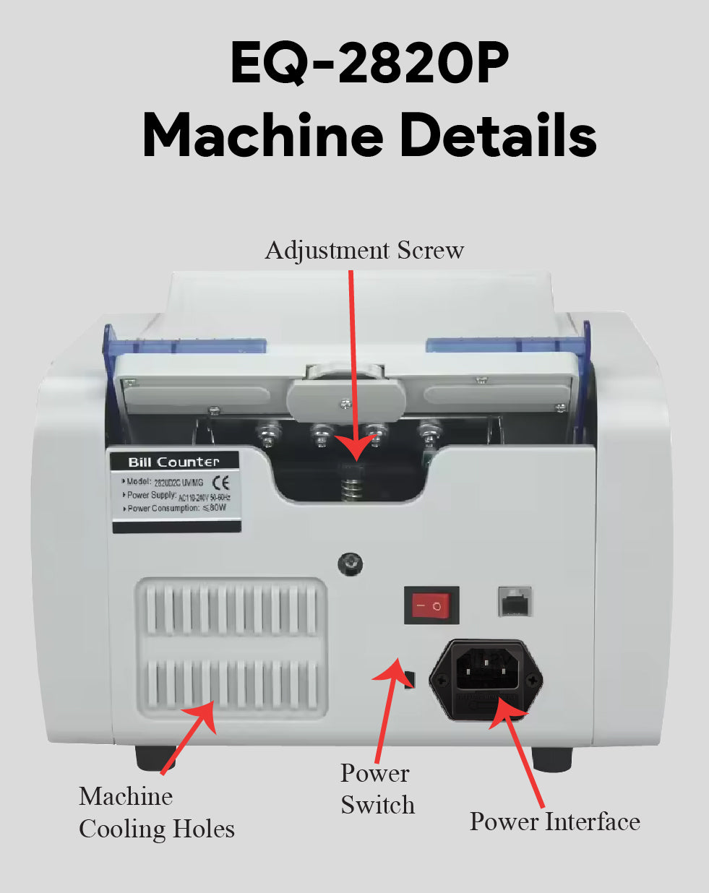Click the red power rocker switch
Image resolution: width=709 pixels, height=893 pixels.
[x=431, y=605]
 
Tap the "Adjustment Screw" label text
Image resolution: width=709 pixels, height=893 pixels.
[x=364, y=250]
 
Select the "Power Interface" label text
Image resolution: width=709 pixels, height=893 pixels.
[x=554, y=821]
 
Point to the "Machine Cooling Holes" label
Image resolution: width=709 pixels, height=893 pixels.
[x=156, y=812]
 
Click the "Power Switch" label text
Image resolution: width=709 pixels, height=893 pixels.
[x=377, y=789]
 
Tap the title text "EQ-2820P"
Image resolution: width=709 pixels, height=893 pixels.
[x=369, y=64]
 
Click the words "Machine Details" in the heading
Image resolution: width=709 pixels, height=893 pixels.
[x=369, y=135]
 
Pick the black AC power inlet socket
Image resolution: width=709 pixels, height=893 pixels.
[x=486, y=680]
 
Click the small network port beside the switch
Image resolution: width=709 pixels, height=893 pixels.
[x=515, y=601]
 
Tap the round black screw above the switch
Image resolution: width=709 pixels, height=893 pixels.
[x=351, y=564]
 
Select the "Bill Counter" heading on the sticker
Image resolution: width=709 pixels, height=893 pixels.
[x=173, y=462]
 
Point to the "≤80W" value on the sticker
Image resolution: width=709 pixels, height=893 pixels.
[x=215, y=508]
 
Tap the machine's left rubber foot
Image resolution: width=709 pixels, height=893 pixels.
[x=155, y=757]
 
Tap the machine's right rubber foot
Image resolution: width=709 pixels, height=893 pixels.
[x=551, y=759]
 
